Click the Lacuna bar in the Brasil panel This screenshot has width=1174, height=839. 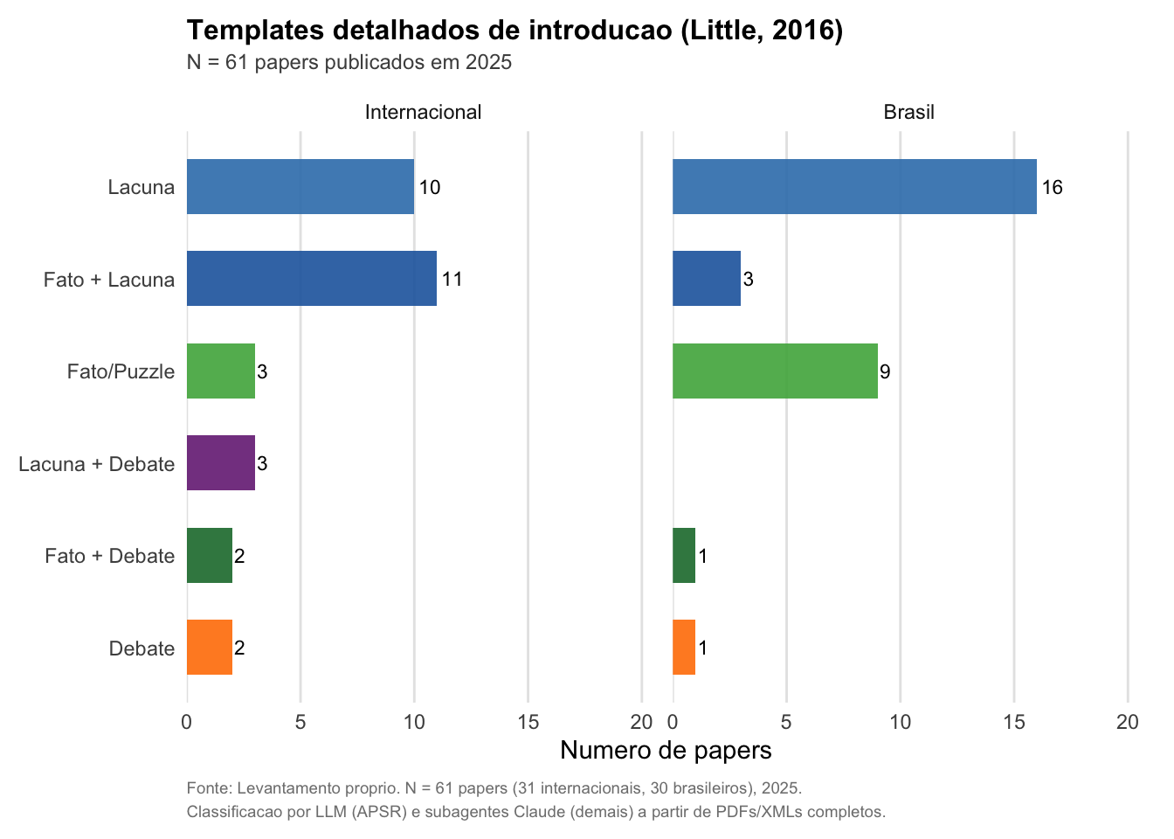tap(854, 187)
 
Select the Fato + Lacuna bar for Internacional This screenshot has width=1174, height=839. tap(312, 279)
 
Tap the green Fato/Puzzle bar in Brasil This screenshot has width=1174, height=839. tap(775, 371)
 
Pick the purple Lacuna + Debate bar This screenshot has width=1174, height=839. tap(221, 463)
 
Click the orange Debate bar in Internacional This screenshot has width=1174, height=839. tap(210, 648)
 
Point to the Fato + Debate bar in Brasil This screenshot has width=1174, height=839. tap(684, 556)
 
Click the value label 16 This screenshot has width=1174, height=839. tap(1052, 187)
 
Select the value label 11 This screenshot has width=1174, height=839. tap(452, 280)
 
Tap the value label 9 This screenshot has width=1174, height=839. tap(885, 372)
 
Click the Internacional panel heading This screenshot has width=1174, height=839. tap(423, 112)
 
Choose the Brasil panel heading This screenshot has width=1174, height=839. tap(908, 112)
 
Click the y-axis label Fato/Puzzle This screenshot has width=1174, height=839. tap(121, 371)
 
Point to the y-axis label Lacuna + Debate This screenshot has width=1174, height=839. tap(96, 464)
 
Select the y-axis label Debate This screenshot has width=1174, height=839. tap(142, 648)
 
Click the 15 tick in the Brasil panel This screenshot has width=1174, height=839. tap(1014, 722)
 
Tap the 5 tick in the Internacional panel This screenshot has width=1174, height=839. tap(300, 722)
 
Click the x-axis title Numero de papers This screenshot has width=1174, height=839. tap(666, 750)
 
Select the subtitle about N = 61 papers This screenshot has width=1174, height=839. tap(349, 63)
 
